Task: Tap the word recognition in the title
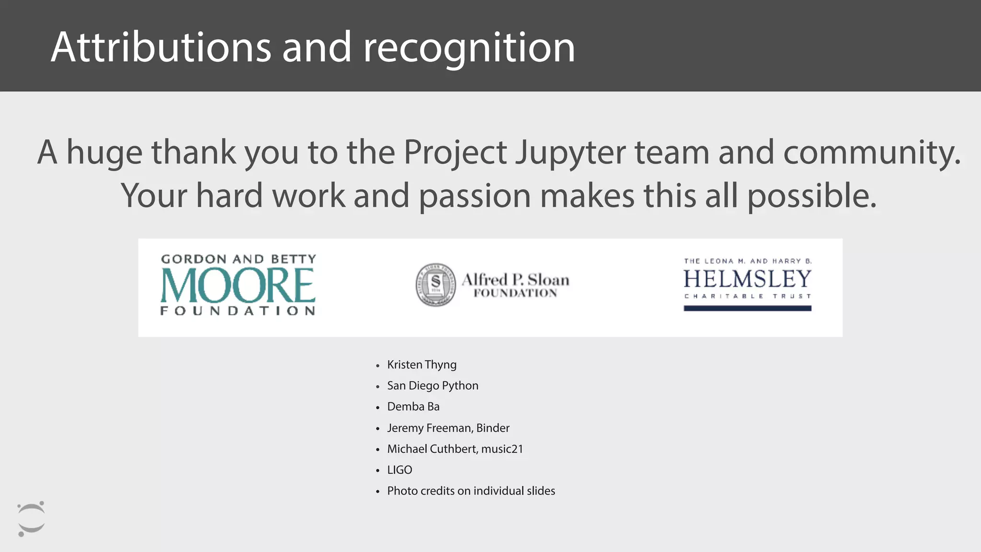pos(469,48)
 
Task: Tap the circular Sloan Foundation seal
pos(435,285)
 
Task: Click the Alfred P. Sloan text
pos(515,280)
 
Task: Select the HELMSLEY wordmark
pos(747,279)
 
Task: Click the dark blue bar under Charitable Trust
pos(747,309)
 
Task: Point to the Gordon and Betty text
pos(239,259)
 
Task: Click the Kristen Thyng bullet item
pos(422,365)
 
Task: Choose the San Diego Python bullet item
pos(433,386)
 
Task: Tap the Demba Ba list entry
pos(413,407)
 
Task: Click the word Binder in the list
pos(493,428)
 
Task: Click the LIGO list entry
pos(399,470)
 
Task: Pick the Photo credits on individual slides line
pos(471,491)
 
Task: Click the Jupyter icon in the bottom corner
pos(31,519)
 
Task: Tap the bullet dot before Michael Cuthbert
pos(377,450)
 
